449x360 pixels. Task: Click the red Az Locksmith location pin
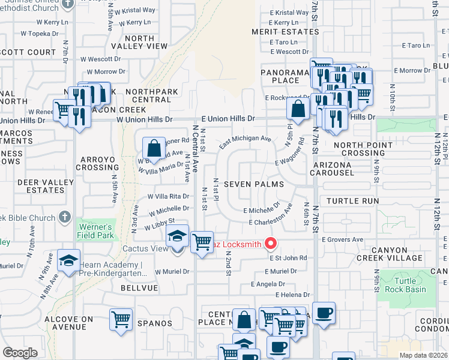tap(271, 244)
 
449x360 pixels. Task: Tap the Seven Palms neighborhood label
tap(254, 184)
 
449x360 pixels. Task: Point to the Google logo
tap(19, 353)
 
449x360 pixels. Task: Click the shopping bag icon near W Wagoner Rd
tap(154, 147)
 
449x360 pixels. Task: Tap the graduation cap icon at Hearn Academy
tap(68, 261)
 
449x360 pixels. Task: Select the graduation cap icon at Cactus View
tap(177, 236)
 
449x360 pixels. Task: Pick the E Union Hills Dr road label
tap(228, 119)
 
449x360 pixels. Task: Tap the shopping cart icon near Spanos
tap(121, 319)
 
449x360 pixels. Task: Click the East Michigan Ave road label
tap(245, 141)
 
